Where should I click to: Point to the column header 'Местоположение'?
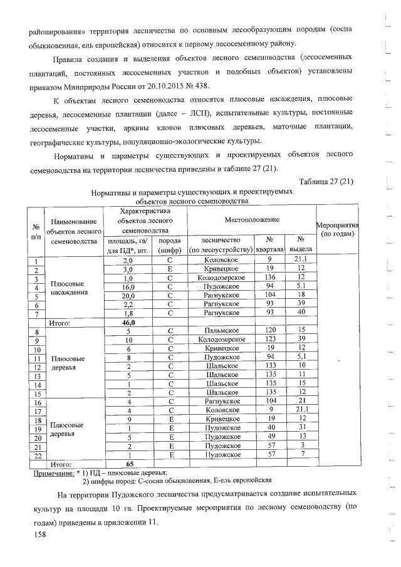252,221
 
